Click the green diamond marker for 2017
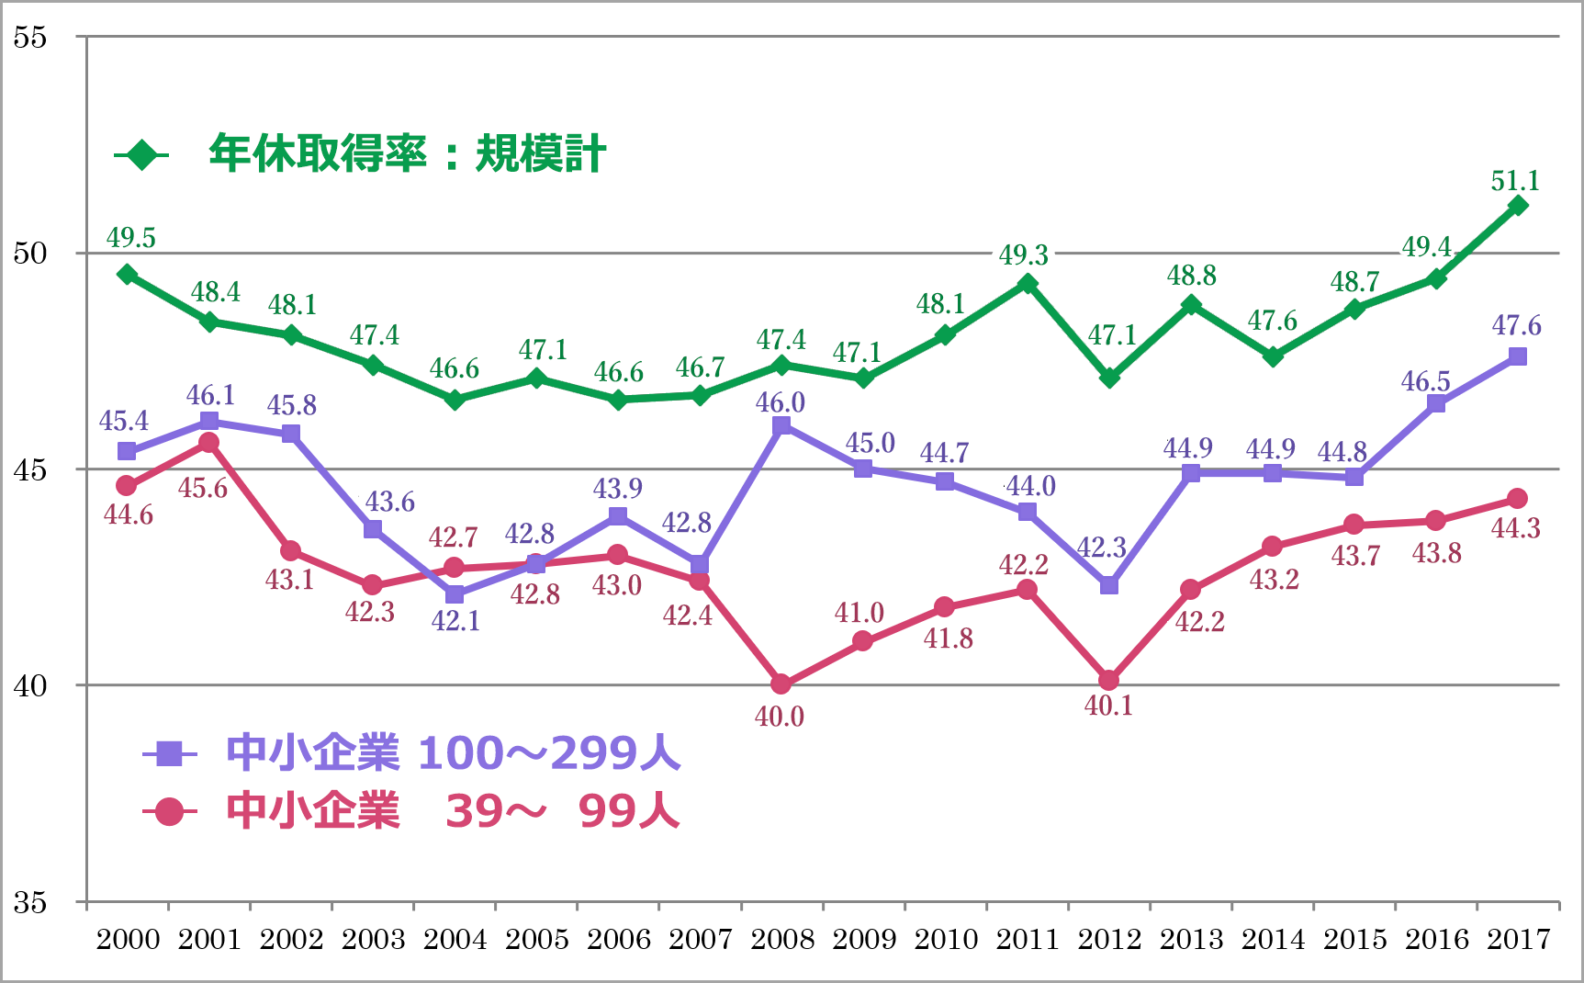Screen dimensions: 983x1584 coord(1518,206)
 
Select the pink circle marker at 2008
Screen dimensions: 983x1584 coord(781,684)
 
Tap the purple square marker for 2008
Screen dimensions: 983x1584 coord(781,425)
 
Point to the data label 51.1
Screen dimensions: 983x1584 coord(1515,181)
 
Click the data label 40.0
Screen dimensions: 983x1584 coord(780,717)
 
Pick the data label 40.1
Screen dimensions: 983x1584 coord(1108,706)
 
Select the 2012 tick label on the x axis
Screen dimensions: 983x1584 coord(1108,939)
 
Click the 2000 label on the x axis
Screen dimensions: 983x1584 coord(128,939)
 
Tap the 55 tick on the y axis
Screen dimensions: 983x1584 coord(29,38)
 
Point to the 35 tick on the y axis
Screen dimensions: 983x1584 coord(29,902)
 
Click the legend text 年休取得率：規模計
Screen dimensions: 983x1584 coord(407,153)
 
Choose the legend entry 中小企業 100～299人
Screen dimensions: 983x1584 coord(453,753)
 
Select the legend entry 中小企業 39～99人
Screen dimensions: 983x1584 coord(453,811)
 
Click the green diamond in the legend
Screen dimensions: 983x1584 coord(142,155)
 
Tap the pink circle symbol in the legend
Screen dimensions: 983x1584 coord(169,812)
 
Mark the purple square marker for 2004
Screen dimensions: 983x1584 coord(455,594)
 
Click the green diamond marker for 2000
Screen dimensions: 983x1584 coord(128,275)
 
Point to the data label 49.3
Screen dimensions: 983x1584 coord(1024,254)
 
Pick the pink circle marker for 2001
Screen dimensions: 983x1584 coord(209,443)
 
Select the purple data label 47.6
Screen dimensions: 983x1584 coord(1516,325)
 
